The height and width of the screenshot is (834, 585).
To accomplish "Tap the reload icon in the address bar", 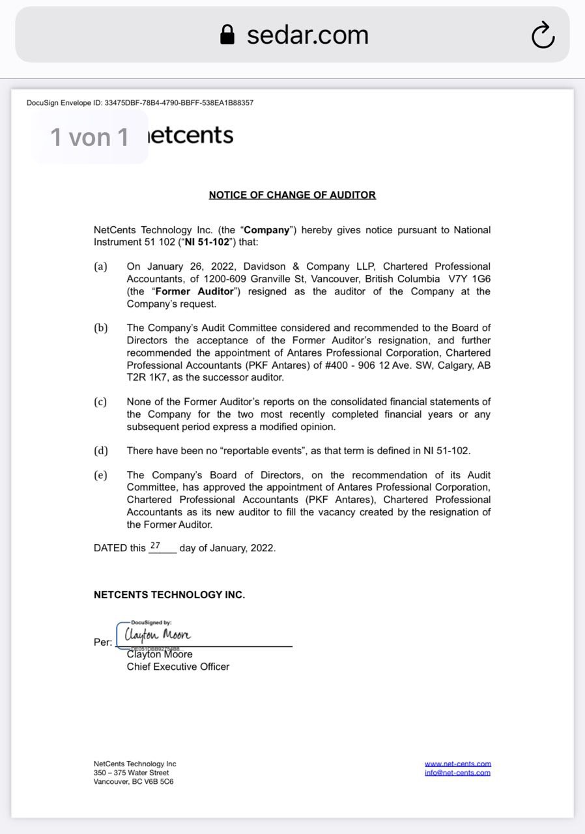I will pos(543,35).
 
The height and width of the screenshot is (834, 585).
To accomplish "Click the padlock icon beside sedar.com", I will pos(227,35).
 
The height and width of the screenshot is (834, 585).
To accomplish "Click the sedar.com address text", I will pos(307,35).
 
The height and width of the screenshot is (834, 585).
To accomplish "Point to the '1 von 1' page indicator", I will pos(90,137).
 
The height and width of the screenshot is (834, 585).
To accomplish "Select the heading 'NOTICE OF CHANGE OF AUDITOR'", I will pos(292,195).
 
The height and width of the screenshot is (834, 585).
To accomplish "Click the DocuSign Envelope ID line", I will pos(140,102).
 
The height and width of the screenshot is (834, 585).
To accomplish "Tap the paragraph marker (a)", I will pos(100,266).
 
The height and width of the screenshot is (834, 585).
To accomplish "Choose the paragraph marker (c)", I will pos(100,402).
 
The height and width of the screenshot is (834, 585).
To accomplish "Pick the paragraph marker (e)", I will pos(100,475).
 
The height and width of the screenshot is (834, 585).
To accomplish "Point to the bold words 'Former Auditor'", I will pos(193,291).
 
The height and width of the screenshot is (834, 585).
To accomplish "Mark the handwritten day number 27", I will pos(155,545).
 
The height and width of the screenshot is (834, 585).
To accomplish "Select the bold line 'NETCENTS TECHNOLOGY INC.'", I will pos(169,595).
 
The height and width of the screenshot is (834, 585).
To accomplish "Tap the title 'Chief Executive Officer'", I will pos(178,667).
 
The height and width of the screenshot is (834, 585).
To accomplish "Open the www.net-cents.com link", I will pos(457,764).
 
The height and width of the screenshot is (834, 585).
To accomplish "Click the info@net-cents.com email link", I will pos(457,773).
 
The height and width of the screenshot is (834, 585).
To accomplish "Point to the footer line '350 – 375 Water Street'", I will pos(131,773).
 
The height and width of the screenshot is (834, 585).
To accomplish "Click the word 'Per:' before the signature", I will pos(103,642).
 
